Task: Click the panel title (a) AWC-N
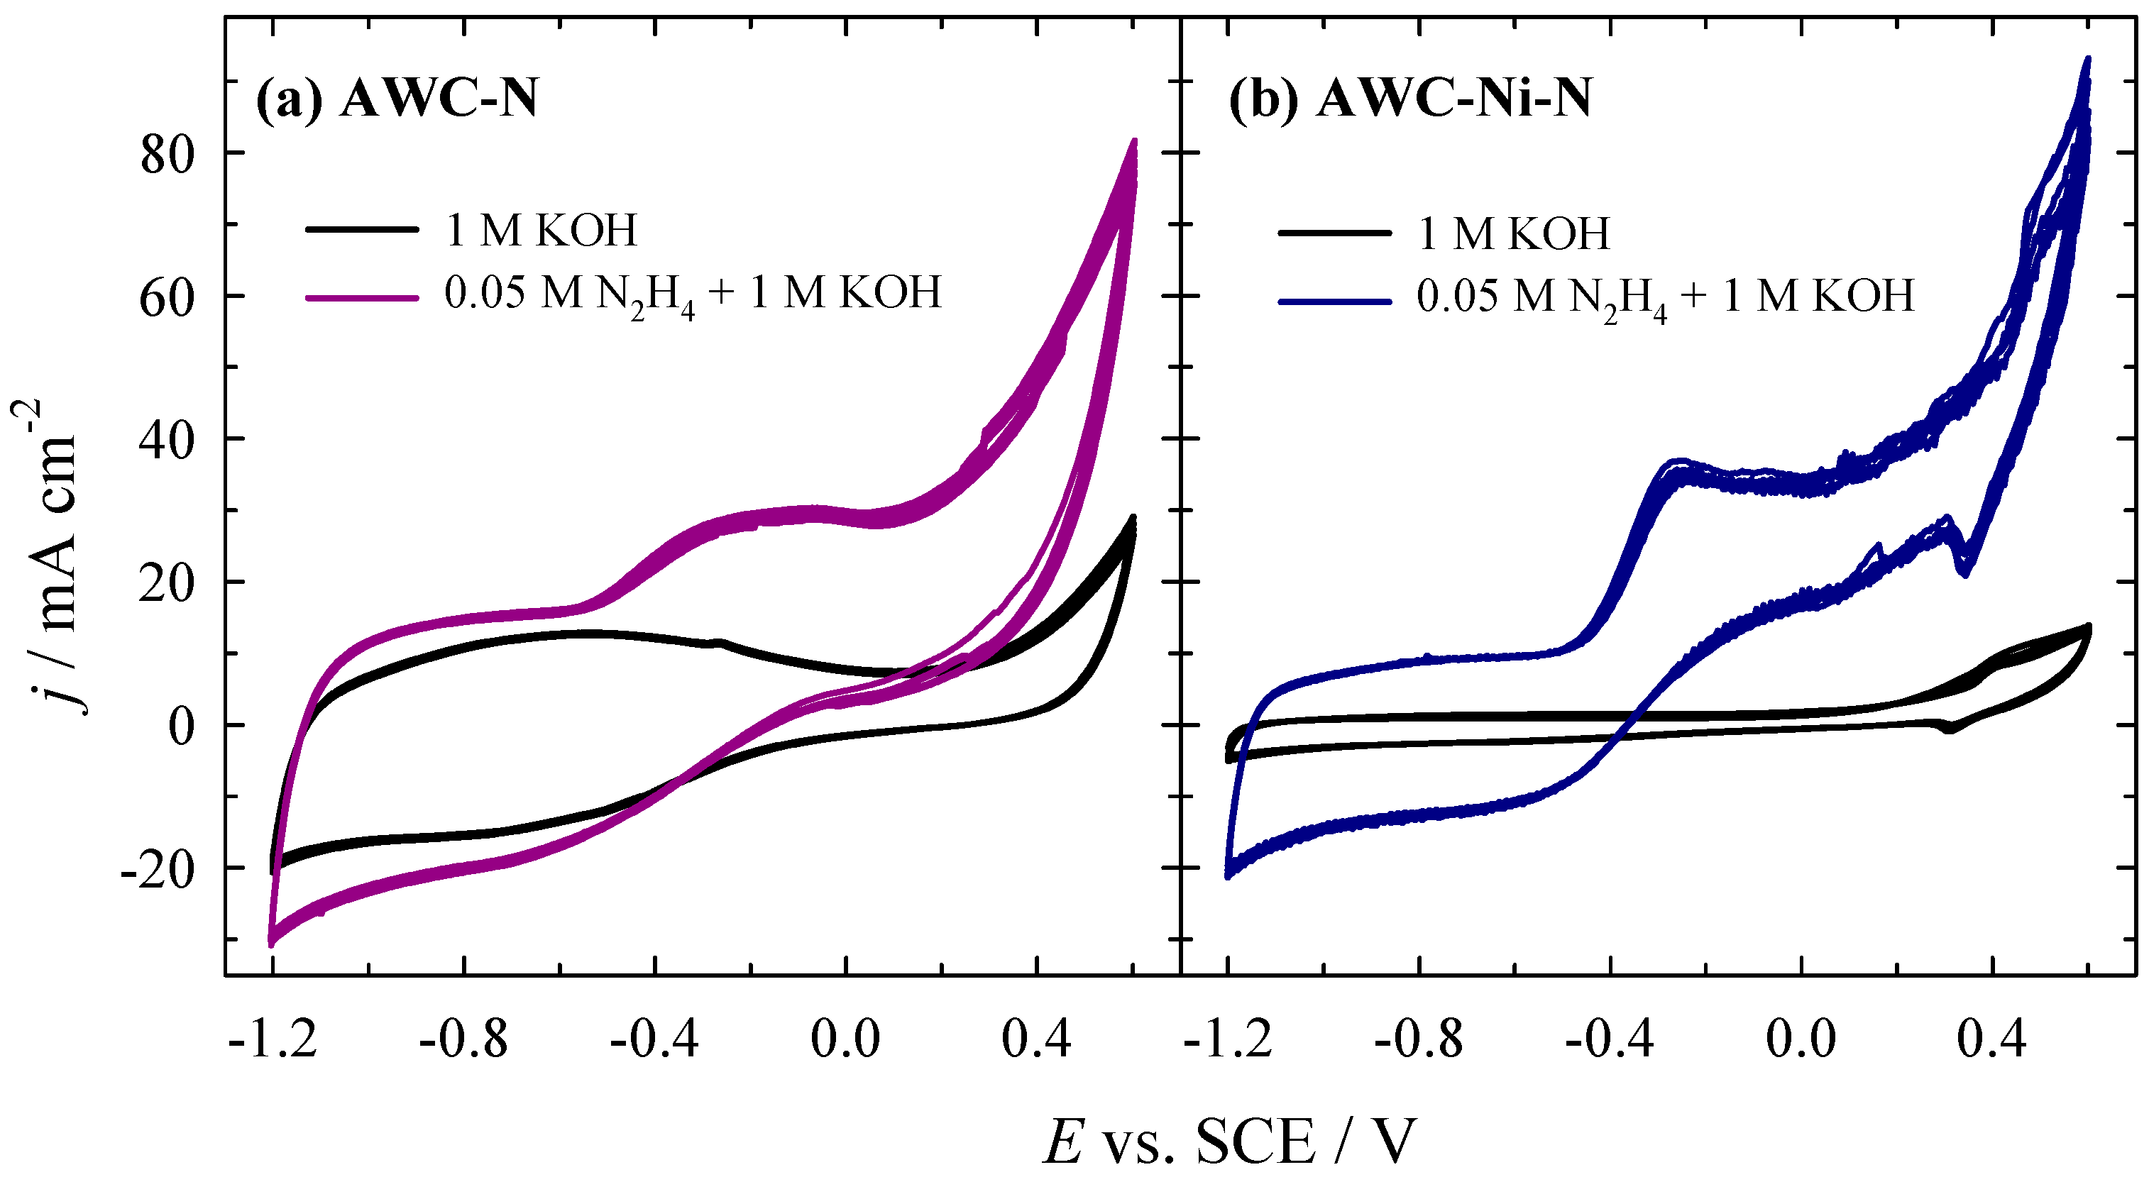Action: pyautogui.click(x=396, y=99)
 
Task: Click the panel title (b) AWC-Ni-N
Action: pyautogui.click(x=1410, y=99)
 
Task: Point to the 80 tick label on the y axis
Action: pyautogui.click(x=167, y=155)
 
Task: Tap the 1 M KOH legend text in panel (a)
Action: pyautogui.click(x=542, y=231)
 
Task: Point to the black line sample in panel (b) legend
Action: pyautogui.click(x=1334, y=233)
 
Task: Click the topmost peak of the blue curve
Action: pyautogui.click(x=2087, y=59)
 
